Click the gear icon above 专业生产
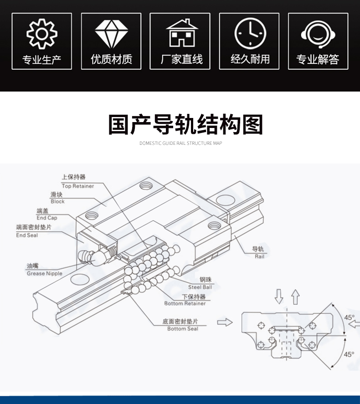tap(41, 35)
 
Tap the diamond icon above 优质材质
tap(111, 34)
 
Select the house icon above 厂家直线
tap(180, 34)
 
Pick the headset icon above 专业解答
tap(318, 35)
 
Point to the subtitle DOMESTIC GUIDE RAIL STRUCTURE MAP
tap(180, 143)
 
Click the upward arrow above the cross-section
tap(296, 297)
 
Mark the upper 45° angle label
tap(349, 318)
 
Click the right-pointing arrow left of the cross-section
tap(225, 322)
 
